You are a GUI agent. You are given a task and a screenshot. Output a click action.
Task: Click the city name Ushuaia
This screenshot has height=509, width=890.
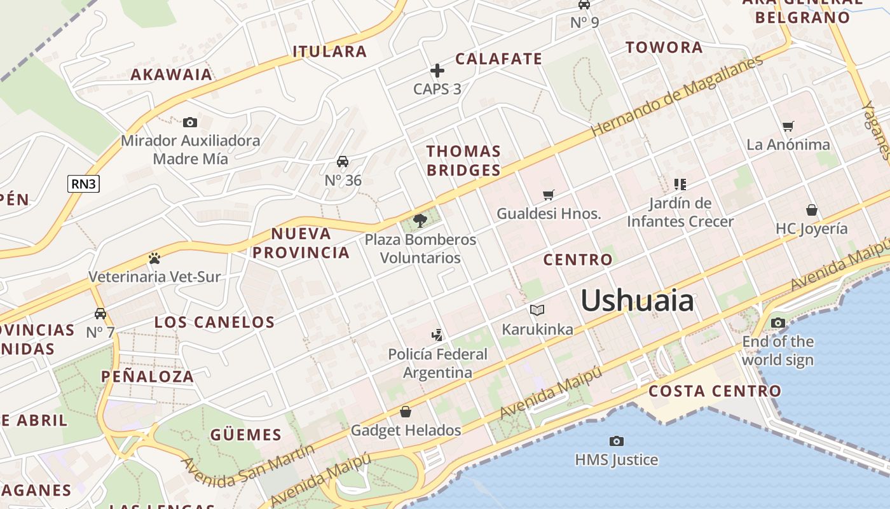(x=637, y=300)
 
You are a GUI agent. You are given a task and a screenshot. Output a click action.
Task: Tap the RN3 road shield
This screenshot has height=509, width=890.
(x=84, y=184)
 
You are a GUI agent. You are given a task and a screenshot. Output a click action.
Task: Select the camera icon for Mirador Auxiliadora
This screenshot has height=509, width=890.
(x=189, y=122)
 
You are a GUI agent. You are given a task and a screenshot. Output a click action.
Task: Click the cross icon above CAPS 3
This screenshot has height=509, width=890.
(x=437, y=71)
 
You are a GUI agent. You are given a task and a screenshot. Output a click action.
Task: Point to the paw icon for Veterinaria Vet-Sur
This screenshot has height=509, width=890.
(x=154, y=258)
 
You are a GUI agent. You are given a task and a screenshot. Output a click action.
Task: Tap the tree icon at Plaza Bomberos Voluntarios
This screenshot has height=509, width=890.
(x=420, y=221)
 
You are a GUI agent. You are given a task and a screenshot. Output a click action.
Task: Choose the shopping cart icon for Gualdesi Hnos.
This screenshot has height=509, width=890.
(x=549, y=195)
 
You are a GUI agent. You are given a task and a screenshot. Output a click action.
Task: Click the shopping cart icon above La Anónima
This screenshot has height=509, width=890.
(x=788, y=126)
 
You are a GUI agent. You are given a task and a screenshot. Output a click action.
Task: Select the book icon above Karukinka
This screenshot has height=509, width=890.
(x=537, y=310)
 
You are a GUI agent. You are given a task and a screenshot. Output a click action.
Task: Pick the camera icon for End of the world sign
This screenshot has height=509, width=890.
(x=777, y=323)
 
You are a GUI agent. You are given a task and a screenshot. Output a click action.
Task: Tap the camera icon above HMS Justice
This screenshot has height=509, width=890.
(x=616, y=441)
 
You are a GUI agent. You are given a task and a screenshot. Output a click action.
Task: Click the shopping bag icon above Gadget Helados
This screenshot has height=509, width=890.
(x=406, y=412)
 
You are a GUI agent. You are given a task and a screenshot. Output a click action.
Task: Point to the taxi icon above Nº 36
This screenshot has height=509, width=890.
(x=343, y=162)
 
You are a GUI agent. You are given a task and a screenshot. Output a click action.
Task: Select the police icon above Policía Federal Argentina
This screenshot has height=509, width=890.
(x=437, y=335)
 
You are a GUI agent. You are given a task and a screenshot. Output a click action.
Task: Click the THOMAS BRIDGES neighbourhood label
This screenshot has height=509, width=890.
(x=463, y=160)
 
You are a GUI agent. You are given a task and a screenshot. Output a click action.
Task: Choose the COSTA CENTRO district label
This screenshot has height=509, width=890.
(x=715, y=391)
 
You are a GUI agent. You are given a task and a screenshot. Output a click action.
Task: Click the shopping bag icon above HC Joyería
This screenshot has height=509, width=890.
(x=812, y=210)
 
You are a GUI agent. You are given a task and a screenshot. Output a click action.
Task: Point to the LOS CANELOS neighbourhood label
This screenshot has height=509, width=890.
(x=214, y=322)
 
